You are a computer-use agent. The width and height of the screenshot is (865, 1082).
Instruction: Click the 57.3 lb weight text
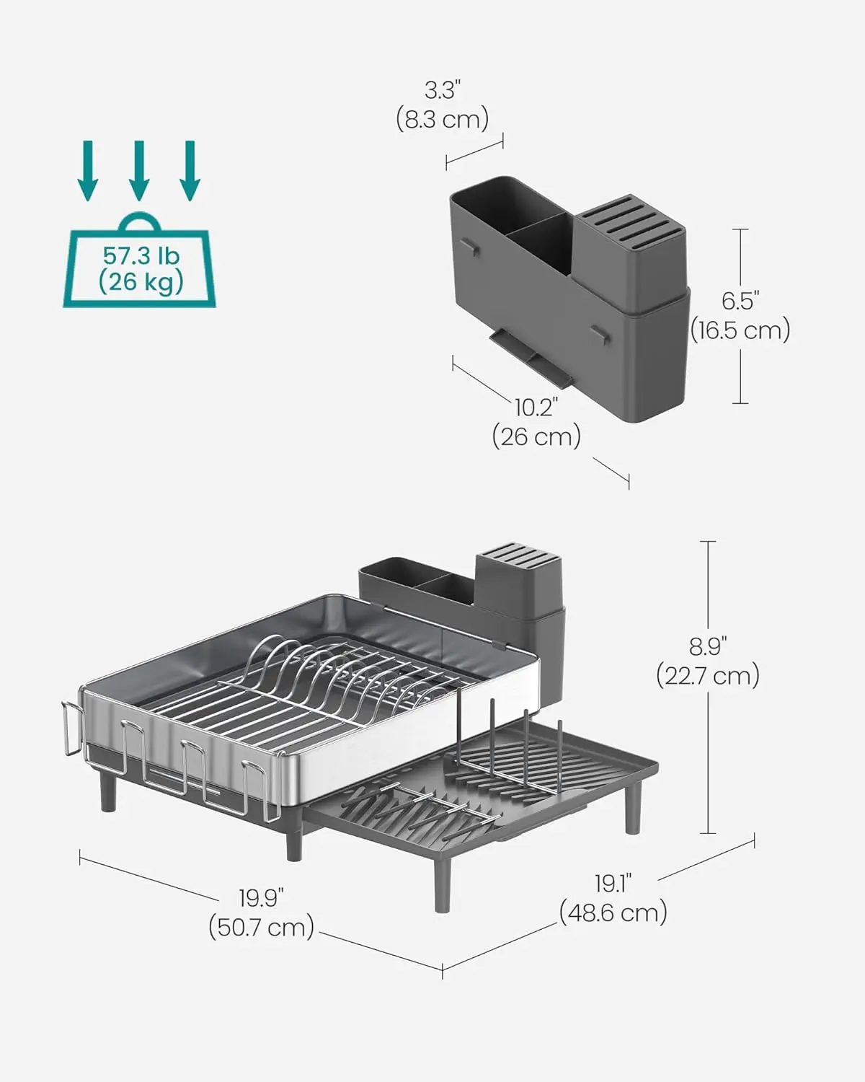[141, 255]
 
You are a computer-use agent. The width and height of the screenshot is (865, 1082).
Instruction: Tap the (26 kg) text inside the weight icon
[141, 281]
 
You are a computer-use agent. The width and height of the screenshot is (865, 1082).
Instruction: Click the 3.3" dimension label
[442, 90]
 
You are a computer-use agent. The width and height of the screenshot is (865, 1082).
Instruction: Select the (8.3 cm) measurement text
[442, 118]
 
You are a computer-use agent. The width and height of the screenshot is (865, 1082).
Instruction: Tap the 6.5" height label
[741, 301]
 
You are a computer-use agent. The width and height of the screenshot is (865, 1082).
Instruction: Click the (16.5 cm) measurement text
[741, 330]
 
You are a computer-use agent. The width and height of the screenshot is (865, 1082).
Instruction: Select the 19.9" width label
[262, 898]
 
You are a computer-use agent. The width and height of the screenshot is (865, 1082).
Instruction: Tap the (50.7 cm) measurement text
[262, 926]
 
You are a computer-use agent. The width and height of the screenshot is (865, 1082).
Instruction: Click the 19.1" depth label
[613, 884]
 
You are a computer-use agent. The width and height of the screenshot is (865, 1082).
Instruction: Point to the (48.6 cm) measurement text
[613, 912]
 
